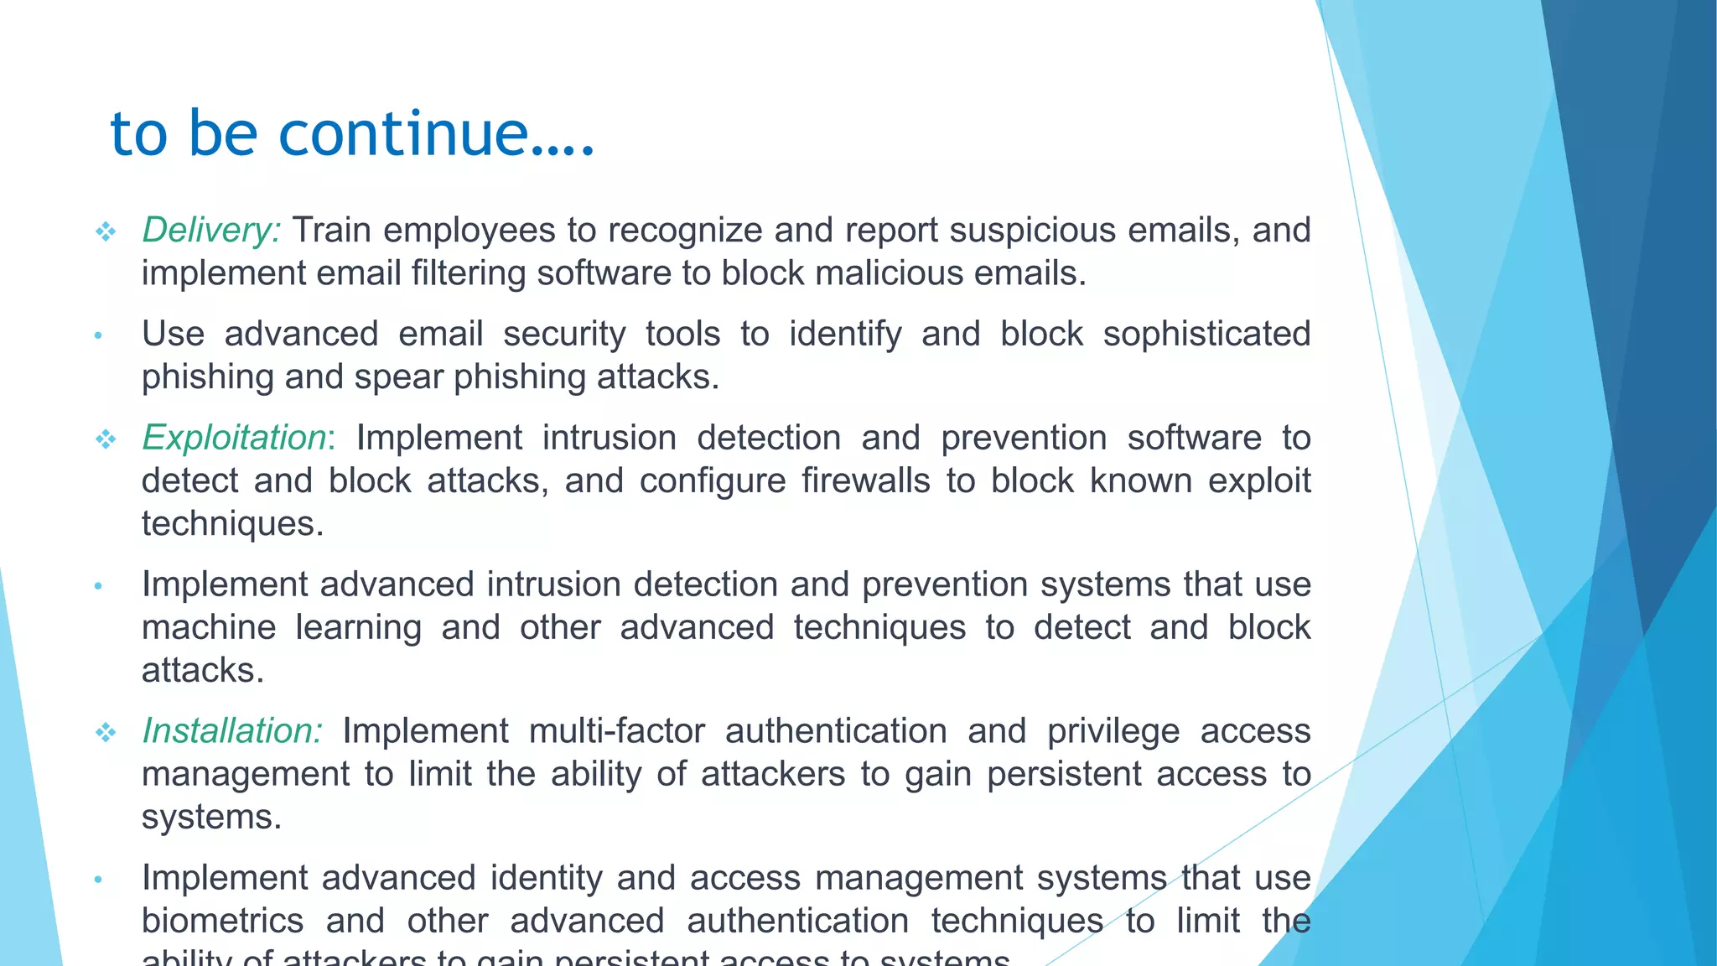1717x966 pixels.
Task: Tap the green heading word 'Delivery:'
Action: tap(211, 230)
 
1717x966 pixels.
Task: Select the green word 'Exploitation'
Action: tap(234, 438)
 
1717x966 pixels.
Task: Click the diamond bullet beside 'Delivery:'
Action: tap(106, 231)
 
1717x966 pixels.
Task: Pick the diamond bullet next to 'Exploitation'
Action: tap(106, 439)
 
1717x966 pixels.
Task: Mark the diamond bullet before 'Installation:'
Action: tap(106, 732)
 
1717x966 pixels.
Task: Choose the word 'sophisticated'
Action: tap(1206, 334)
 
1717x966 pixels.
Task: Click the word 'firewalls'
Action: tap(865, 481)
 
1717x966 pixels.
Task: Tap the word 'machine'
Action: tap(209, 628)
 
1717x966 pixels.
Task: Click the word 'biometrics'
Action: tap(222, 921)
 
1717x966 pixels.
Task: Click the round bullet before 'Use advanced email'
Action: tap(98, 336)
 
